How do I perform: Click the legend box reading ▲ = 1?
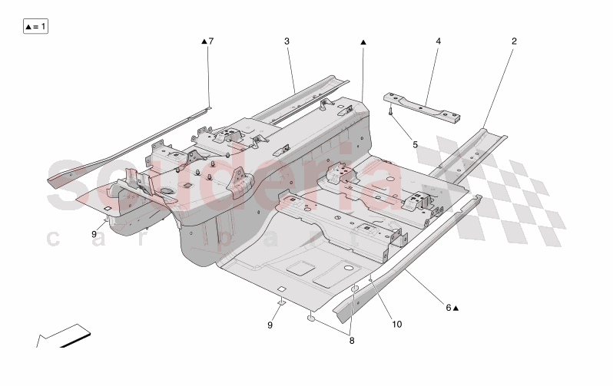pos(36,27)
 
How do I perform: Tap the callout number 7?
pos(211,41)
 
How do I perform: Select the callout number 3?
pos(287,41)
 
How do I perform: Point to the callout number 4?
pos(438,41)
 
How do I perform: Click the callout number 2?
pos(514,41)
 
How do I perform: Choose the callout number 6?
pos(448,308)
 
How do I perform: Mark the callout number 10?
pos(397,324)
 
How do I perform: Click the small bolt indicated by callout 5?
pos(392,113)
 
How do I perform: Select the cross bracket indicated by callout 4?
pos(424,107)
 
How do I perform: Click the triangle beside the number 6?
pos(456,308)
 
